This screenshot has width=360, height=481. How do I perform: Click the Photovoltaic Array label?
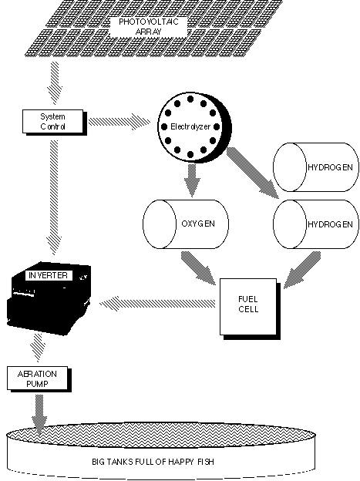[x=149, y=27]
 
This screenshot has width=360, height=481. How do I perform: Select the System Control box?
[x=53, y=122]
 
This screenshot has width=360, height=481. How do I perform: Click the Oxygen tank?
[x=186, y=224]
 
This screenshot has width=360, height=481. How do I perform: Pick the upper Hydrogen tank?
[x=316, y=167]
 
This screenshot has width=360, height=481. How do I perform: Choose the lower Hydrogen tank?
[x=316, y=224]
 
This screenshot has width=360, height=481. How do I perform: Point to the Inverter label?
[x=49, y=275]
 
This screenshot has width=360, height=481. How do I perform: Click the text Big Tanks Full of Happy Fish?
[x=153, y=462]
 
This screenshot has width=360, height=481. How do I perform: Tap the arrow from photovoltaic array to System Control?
[x=54, y=82]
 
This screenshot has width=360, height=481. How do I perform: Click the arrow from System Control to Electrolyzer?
[x=119, y=122]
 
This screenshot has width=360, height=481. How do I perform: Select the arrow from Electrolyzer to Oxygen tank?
[x=192, y=180]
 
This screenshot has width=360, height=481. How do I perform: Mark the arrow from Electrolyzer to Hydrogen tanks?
[x=253, y=173]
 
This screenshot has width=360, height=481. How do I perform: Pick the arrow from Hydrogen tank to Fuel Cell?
[x=302, y=270]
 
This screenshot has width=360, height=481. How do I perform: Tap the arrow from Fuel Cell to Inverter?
[x=157, y=304]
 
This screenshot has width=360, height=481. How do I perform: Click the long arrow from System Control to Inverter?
[x=54, y=197]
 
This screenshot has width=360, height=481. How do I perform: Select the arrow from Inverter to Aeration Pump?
[x=38, y=348]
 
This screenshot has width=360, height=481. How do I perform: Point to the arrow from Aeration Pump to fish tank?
[x=39, y=415]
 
